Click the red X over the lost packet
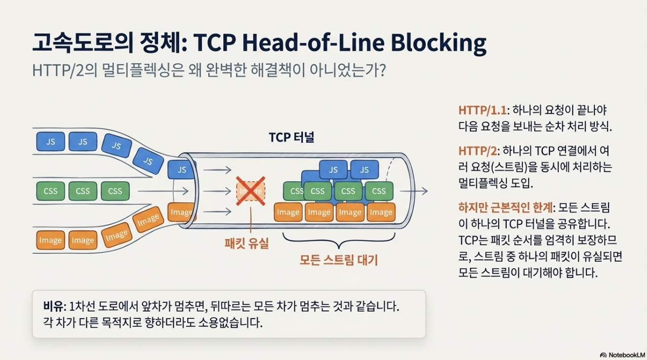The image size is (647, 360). pos(251,191)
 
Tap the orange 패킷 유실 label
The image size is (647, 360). pos(247,243)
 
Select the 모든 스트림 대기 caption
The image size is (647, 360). pos(338,260)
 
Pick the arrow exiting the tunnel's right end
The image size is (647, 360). pos(414,191)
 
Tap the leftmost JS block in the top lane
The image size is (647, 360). pos(51,142)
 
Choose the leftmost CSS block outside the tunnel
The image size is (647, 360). pos(51,191)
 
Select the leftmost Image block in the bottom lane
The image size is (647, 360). pos(51,241)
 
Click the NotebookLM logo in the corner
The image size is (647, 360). pos(622,354)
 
